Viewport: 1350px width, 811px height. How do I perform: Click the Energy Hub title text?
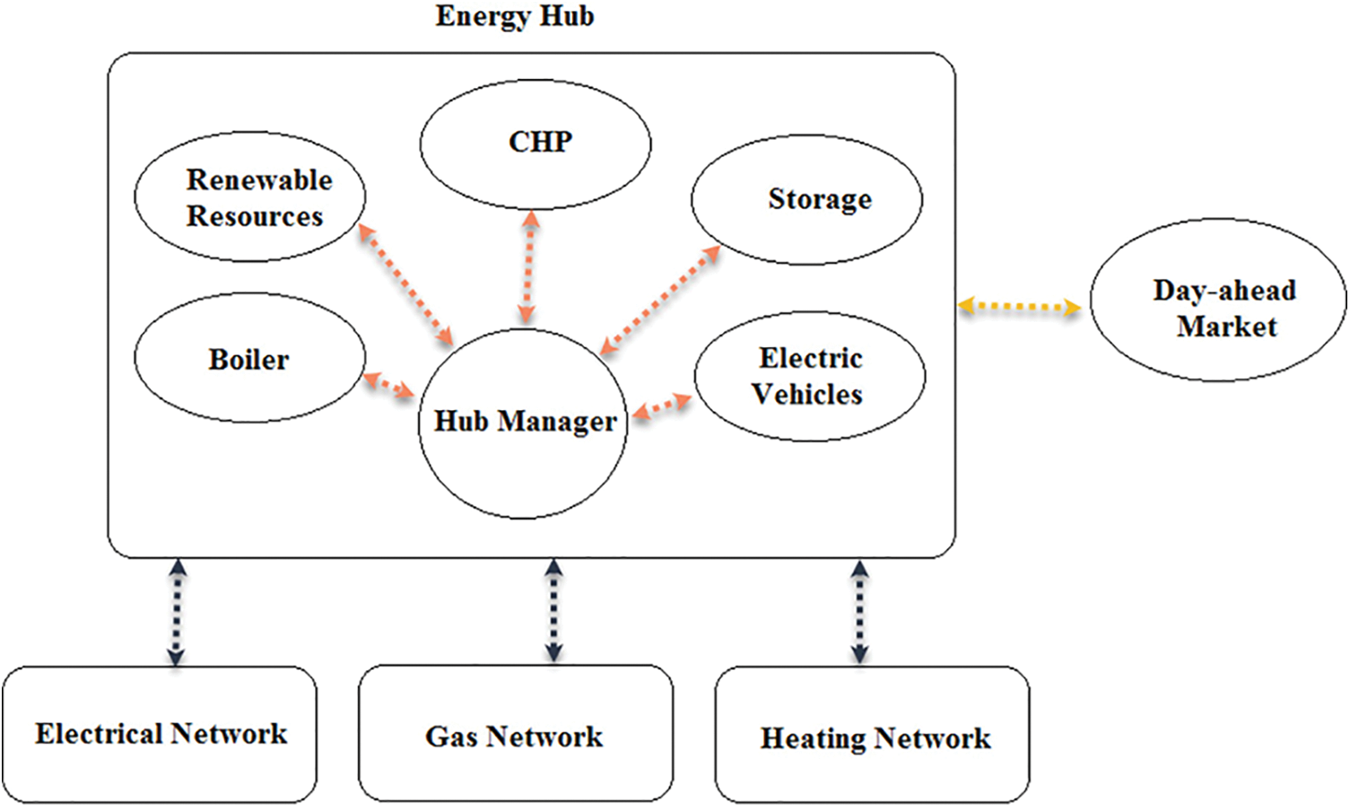515,17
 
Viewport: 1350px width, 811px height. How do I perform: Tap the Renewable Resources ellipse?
250,197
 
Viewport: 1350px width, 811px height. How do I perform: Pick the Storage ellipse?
806,200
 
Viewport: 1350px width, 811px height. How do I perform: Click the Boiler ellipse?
250,359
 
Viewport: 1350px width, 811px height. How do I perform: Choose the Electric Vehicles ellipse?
809,377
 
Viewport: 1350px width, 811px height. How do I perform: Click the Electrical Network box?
160,734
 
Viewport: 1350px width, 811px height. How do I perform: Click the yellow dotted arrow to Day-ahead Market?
1019,308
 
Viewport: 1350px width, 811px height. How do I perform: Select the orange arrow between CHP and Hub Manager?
528,267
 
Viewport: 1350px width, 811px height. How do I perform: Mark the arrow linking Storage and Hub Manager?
660,300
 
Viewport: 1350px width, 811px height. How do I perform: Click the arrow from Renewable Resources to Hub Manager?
406,284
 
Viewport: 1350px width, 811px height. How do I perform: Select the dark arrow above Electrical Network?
177,612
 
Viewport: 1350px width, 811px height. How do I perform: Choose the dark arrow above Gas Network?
553,610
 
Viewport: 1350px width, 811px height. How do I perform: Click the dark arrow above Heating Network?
859,612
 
